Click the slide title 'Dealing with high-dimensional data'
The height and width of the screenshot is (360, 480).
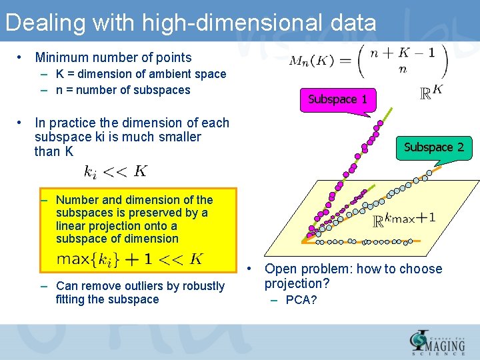[191, 23]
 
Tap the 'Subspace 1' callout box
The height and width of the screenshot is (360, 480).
[337, 99]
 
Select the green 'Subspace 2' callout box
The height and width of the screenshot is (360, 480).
[433, 147]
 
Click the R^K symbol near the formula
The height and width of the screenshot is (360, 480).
[431, 93]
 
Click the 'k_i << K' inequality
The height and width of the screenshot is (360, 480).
[115, 171]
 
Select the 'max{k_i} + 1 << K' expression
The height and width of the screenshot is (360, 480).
[130, 259]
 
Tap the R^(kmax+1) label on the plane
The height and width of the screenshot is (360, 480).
[404, 219]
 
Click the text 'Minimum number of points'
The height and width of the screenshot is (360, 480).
[113, 58]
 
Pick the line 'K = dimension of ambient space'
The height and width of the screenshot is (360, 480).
[141, 74]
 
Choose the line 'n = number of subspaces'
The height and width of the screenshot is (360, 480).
[123, 90]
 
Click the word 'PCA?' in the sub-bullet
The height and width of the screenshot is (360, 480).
[301, 300]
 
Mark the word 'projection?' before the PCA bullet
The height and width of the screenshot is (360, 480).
[297, 284]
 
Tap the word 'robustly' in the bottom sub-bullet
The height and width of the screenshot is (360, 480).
[203, 286]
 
